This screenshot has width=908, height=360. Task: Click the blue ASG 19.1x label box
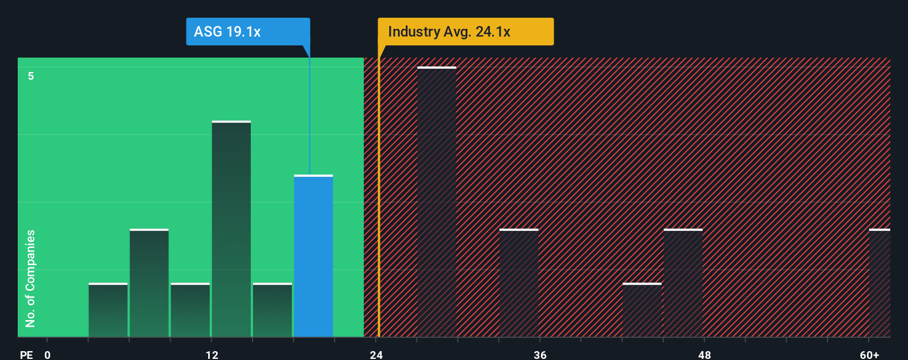247,32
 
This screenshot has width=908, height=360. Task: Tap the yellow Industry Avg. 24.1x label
465,32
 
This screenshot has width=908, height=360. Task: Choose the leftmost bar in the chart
108,310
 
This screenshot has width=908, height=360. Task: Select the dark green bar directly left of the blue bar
272,310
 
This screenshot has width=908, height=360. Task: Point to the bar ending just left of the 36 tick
519,283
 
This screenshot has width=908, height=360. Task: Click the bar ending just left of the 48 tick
683,283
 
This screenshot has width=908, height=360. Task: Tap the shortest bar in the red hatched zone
642,310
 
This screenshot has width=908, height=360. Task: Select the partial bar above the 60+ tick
880,283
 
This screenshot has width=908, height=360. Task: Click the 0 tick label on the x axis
48,354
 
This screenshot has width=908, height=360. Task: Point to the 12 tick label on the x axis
212,354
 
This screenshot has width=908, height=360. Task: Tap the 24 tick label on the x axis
376,354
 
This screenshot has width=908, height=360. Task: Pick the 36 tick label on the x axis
540,354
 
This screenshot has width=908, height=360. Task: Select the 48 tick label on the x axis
705,354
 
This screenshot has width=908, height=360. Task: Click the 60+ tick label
870,354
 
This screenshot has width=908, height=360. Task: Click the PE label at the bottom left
27,354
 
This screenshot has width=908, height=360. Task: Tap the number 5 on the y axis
31,76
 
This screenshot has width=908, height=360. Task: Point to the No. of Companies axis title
30,278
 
